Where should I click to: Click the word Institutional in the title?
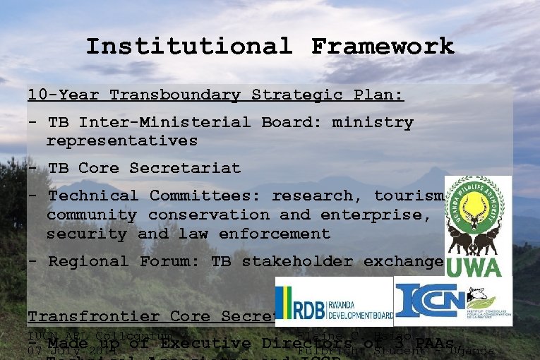pos(188,47)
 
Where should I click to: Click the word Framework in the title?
pos(383,47)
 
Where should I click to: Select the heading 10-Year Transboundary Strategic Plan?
pos(215,95)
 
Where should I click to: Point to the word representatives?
pos(122,140)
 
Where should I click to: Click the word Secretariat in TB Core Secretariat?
pos(185,168)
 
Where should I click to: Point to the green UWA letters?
pos(479,267)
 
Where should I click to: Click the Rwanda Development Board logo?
pos(333,301)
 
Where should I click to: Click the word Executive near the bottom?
pos(205,344)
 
